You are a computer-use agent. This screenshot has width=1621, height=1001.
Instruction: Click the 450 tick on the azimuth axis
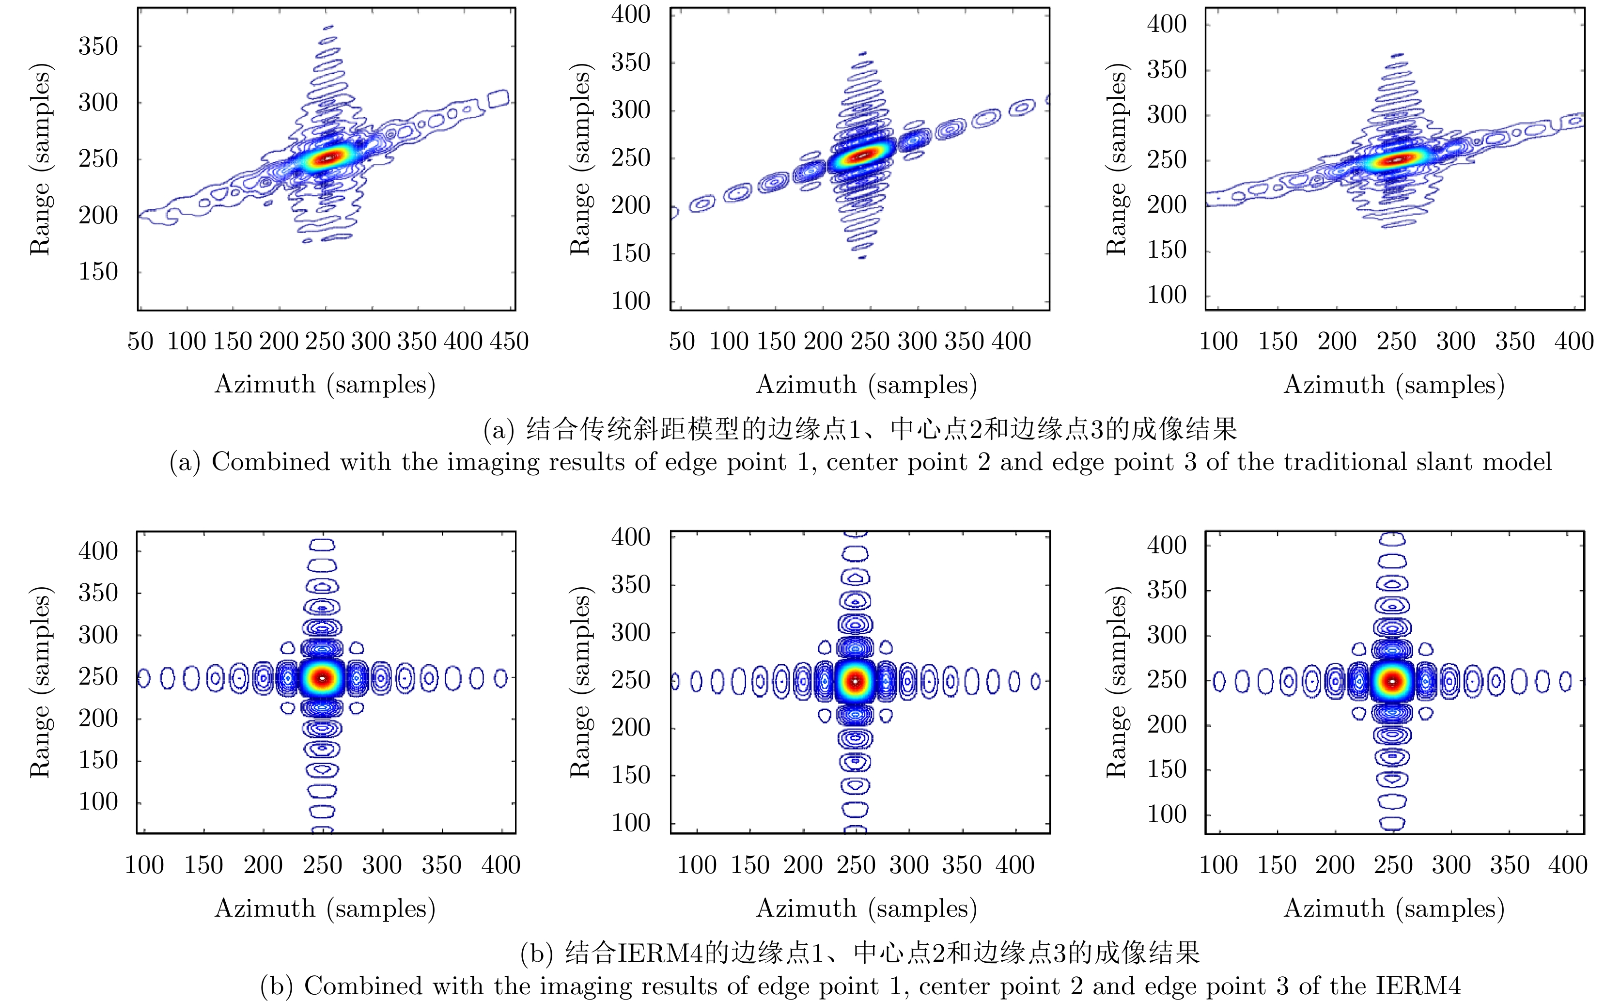pos(509,342)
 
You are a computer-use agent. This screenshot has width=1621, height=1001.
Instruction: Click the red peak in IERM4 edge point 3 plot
pos(1393,681)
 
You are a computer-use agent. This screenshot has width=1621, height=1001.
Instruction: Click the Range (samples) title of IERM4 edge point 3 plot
pos(1117,682)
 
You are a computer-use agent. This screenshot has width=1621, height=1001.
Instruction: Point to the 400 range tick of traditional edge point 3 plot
pos(1166,25)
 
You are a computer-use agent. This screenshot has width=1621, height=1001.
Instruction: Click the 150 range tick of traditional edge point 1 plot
pos(98,271)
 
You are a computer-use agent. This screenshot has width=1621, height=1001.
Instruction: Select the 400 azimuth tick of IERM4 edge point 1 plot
pos(501,865)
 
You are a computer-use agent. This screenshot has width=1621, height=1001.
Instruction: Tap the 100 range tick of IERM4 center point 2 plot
pos(631,823)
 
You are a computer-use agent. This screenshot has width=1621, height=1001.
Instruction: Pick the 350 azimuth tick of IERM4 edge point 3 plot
pos(1510,865)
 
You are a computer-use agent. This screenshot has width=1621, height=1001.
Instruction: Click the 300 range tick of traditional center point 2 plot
pos(631,110)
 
